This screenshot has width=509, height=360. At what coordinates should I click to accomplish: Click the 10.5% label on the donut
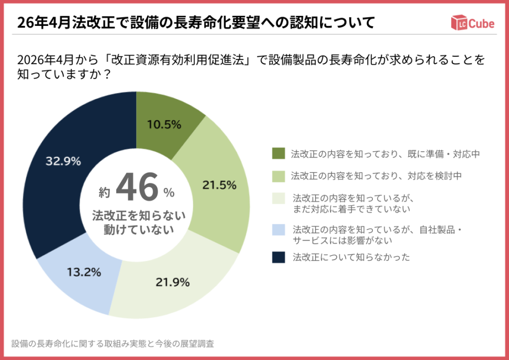[x=164, y=125]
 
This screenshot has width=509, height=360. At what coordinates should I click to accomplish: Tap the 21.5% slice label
[x=219, y=185]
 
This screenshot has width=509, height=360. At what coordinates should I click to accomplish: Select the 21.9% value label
[x=172, y=282]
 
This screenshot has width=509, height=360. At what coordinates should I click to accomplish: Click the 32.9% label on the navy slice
[x=63, y=161]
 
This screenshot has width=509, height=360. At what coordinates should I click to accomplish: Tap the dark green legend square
[x=278, y=154]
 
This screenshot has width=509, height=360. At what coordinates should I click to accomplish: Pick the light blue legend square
[x=278, y=230]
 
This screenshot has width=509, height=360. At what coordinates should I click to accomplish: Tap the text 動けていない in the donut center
[x=138, y=229]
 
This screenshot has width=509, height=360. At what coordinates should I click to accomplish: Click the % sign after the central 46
[x=169, y=192]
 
